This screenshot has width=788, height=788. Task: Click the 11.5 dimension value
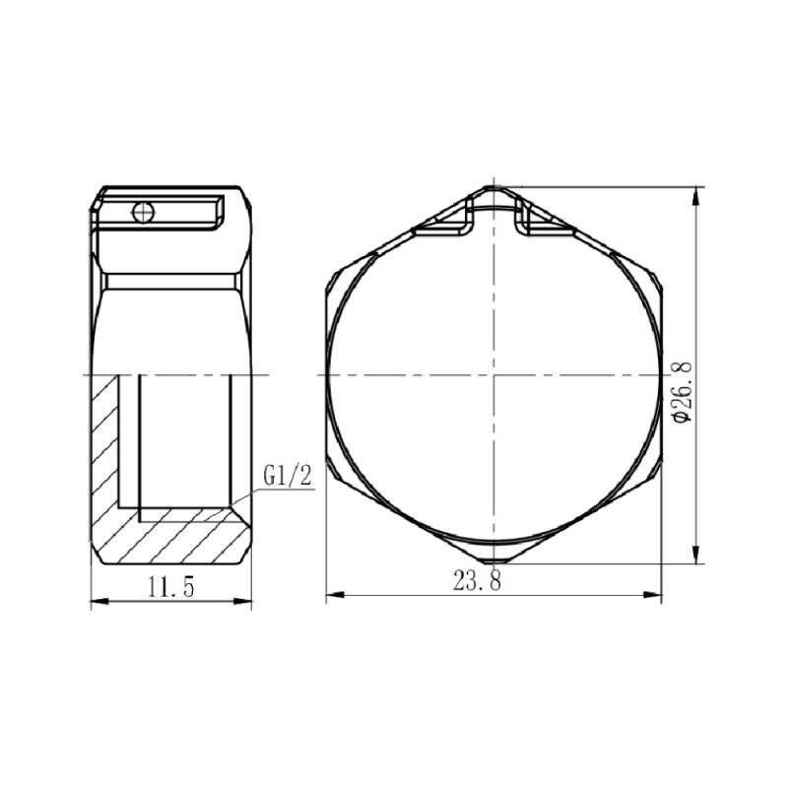coord(171,588)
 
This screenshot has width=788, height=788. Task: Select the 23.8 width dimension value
coord(478,581)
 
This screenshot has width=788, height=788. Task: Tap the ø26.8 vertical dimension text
coord(684,391)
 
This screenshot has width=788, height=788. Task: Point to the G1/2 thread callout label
coord(288,477)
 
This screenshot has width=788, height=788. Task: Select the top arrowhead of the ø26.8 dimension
coord(697,193)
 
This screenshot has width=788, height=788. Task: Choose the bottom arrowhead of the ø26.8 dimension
coord(697,557)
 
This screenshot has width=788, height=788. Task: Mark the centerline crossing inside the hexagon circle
coord(492,375)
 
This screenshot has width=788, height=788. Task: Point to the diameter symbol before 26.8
coord(684,424)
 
